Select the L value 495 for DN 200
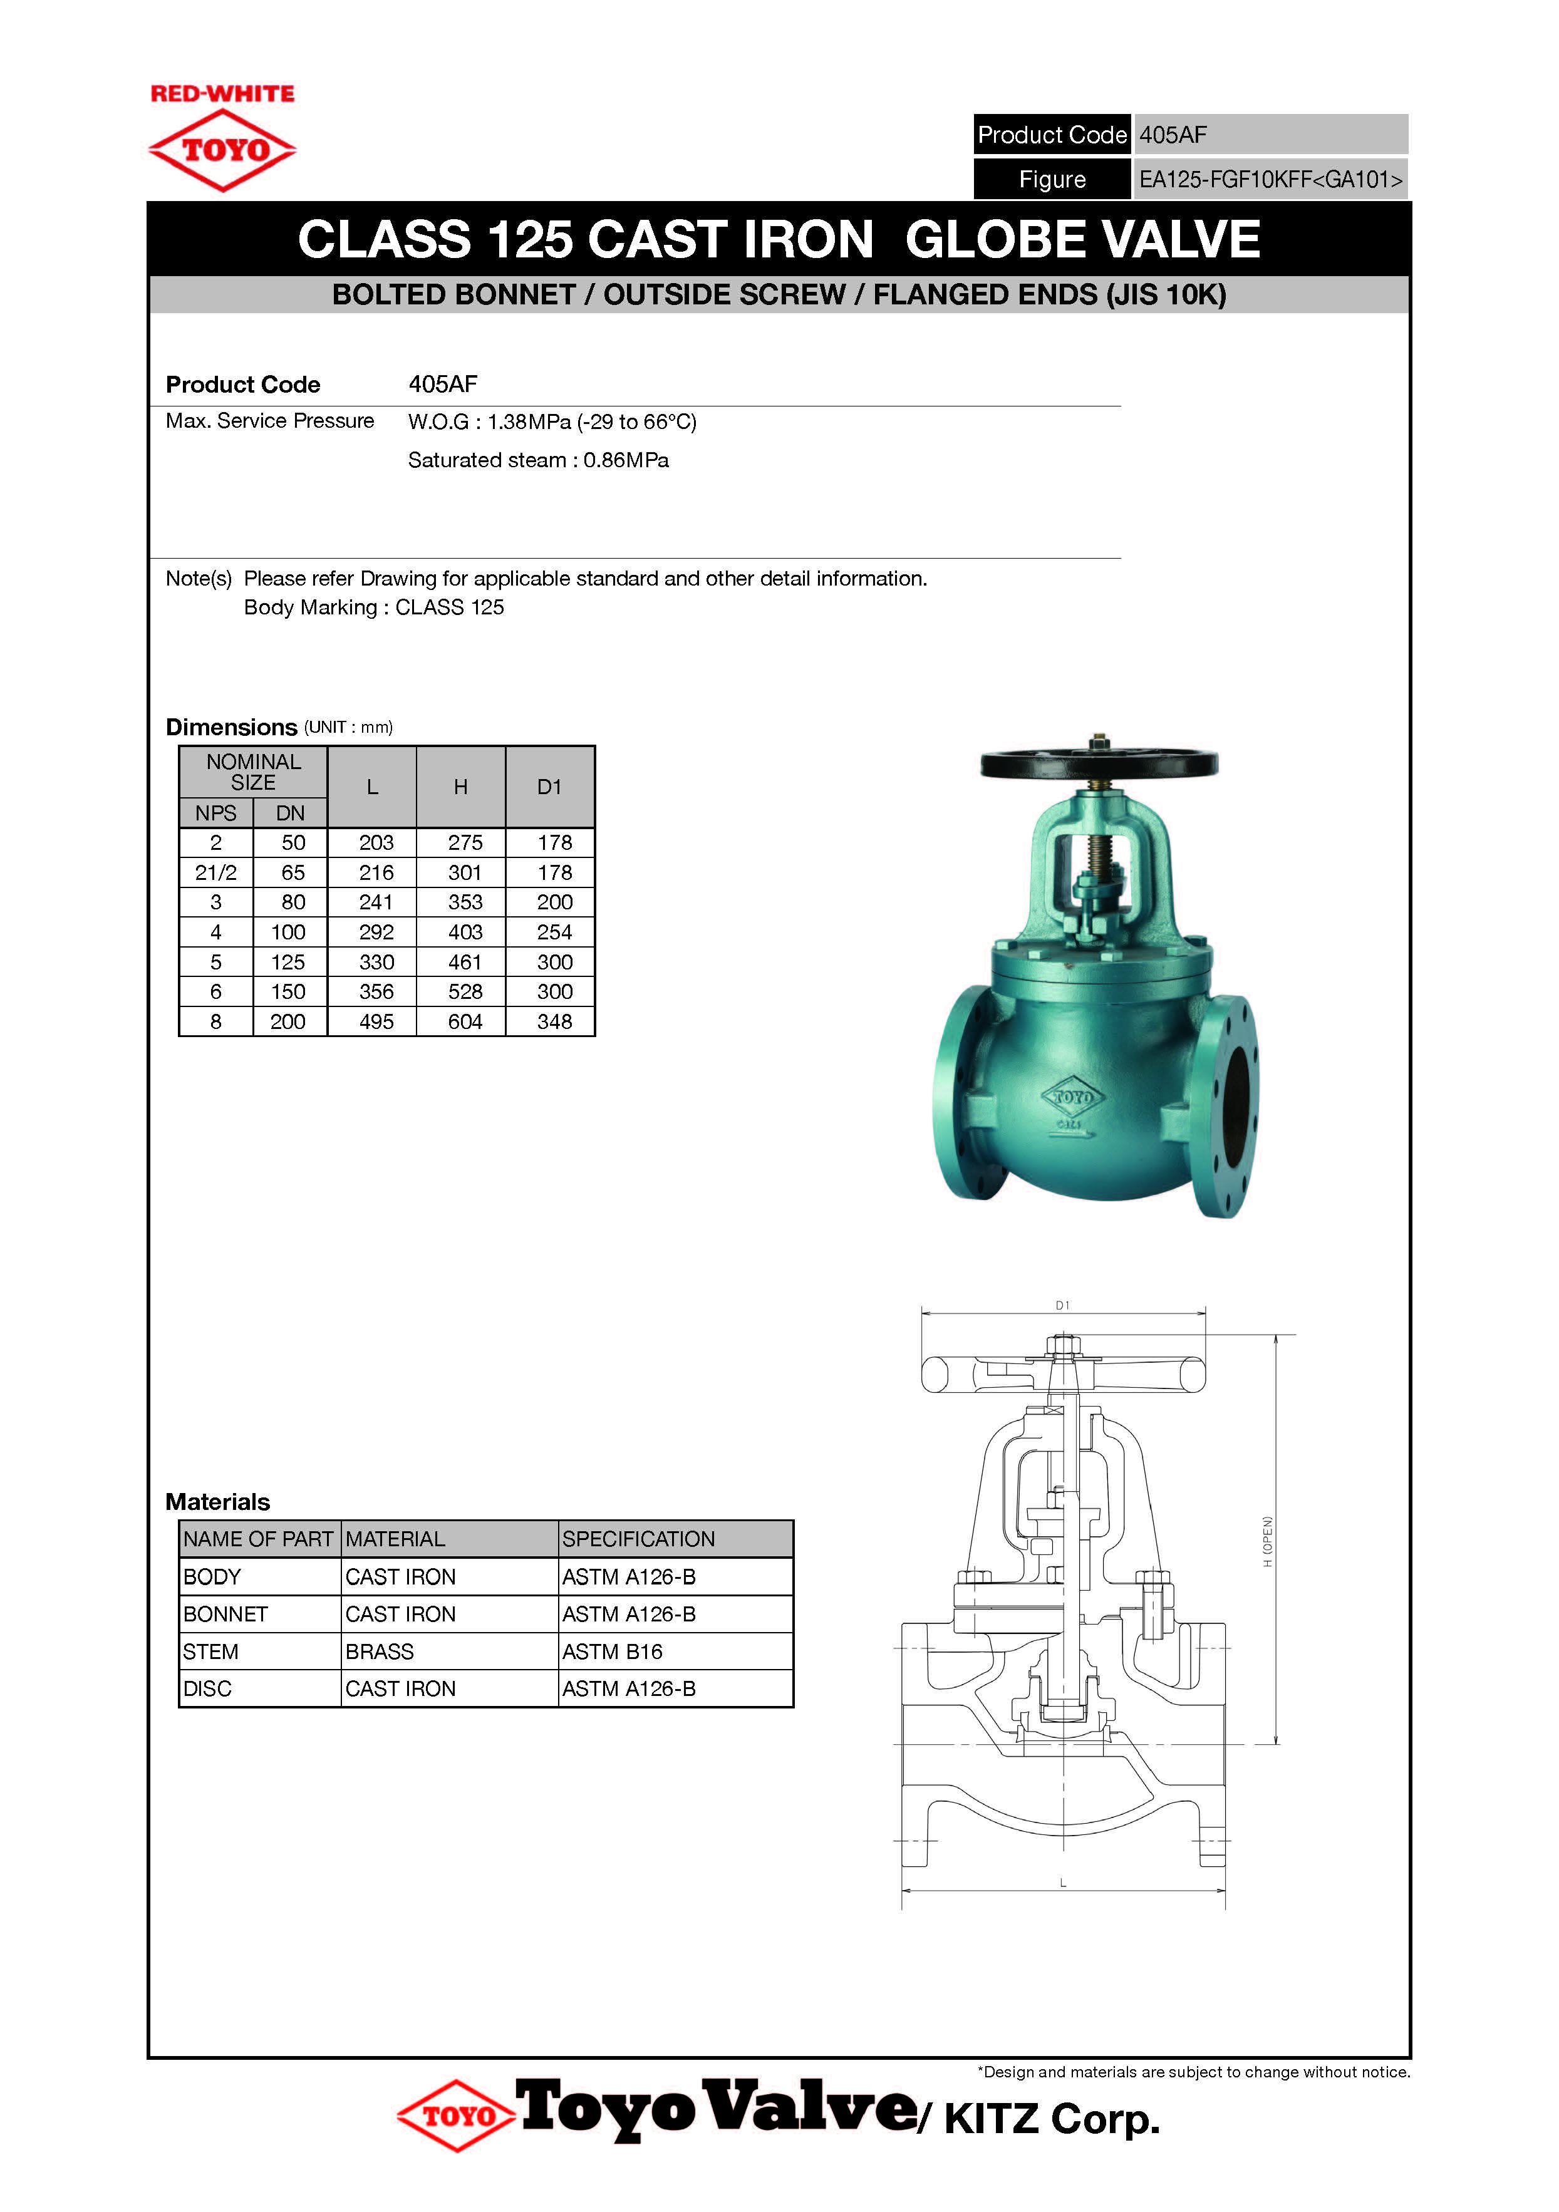[x=376, y=1021]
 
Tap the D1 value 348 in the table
[x=554, y=1021]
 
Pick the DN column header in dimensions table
[x=290, y=813]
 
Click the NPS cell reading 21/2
[x=216, y=872]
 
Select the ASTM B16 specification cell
[x=613, y=1651]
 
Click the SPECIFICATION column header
[x=639, y=1539]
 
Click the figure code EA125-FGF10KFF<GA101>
[x=1270, y=179]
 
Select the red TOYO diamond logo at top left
[x=222, y=150]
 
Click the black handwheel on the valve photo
[x=1099, y=764]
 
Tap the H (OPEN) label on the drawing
[x=1268, y=1541]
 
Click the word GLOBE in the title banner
[x=986, y=239]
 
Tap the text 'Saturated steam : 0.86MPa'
[x=537, y=460]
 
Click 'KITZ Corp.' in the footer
[x=1052, y=2119]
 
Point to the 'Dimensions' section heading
[x=231, y=726]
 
